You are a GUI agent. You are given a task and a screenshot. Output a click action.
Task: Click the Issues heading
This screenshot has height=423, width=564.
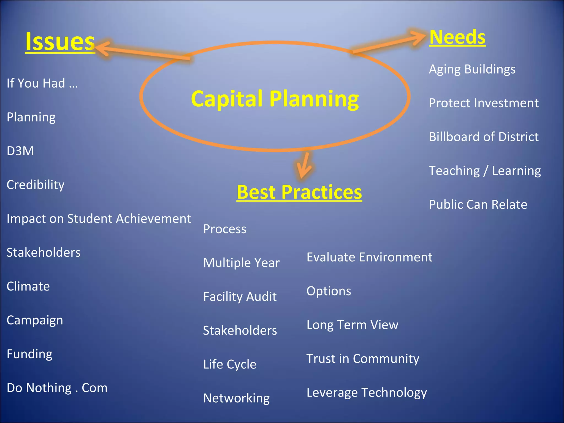(x=60, y=42)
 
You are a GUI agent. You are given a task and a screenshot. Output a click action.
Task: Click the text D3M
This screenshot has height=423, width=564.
(x=20, y=151)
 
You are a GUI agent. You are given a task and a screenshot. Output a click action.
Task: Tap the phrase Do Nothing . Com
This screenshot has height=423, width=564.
(x=57, y=388)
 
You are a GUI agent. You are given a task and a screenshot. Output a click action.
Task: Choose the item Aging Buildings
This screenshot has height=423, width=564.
(x=472, y=69)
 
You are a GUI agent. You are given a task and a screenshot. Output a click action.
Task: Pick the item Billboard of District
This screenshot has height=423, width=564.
(x=484, y=137)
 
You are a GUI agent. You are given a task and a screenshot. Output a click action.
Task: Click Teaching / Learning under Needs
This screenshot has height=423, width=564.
(x=485, y=171)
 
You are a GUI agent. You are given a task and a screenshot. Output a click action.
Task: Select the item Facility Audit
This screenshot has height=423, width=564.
(x=240, y=297)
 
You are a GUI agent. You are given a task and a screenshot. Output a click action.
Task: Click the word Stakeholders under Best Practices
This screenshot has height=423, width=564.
(x=240, y=330)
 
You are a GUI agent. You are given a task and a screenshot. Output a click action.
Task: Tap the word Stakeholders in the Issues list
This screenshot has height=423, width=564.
(x=44, y=253)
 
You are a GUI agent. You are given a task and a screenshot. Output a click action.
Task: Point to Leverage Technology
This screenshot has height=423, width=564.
(x=367, y=393)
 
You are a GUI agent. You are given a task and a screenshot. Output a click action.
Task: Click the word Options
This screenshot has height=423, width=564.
(x=329, y=291)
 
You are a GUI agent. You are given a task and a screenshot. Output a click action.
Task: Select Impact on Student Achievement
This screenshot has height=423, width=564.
(x=99, y=219)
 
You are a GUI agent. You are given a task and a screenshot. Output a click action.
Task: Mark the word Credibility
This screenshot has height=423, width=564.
(x=36, y=185)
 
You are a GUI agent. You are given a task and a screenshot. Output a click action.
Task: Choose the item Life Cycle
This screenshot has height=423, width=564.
(x=229, y=364)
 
